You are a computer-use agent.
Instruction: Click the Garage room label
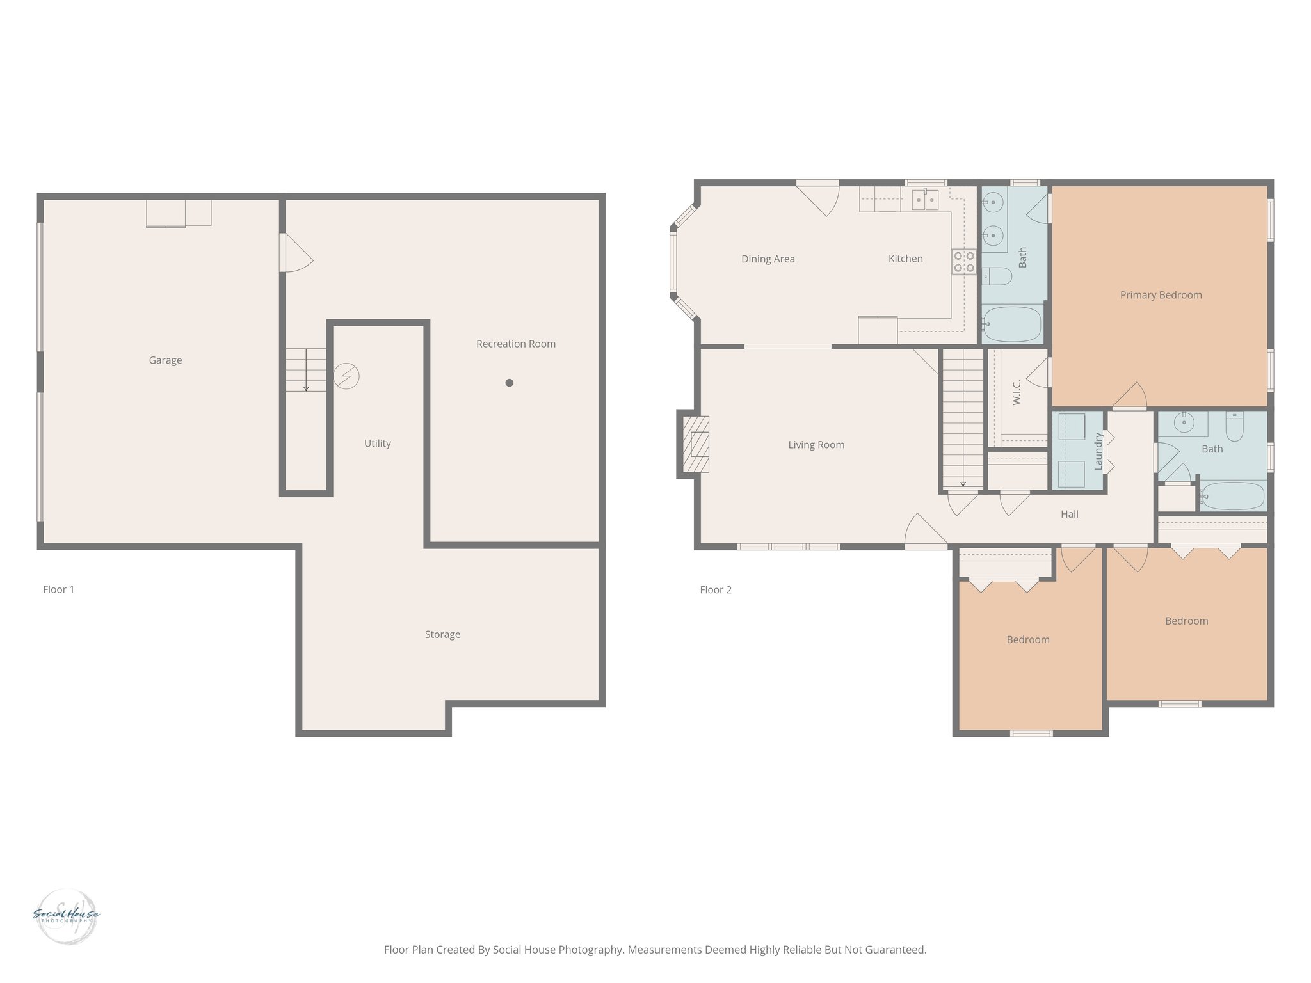pos(165,360)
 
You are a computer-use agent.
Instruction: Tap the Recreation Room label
pos(515,344)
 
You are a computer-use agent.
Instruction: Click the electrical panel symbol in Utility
pos(346,376)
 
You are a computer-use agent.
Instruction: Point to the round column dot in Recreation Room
pos(510,383)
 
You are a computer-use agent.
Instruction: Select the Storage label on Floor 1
pos(442,634)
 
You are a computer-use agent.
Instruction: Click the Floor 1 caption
pos(58,589)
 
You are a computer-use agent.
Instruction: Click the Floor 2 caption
pos(715,589)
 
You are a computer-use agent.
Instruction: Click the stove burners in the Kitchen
pos(964,262)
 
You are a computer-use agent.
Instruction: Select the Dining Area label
pos(768,259)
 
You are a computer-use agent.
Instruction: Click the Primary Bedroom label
pos(1161,295)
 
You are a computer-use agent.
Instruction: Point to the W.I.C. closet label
pos(1017,392)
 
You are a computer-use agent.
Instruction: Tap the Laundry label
pos(1098,451)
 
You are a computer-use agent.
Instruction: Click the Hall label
pos(1069,514)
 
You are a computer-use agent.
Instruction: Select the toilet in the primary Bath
pos(997,276)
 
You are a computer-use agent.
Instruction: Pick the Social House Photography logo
pos(66,916)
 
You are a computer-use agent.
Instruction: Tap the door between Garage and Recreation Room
pos(296,253)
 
